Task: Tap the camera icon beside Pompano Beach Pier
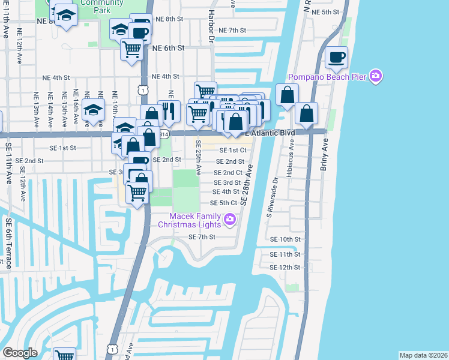tap(376, 76)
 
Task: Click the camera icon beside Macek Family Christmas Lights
tap(229, 221)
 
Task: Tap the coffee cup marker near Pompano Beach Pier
tap(336, 58)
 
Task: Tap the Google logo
tap(20, 353)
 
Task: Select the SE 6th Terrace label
tap(8, 243)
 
